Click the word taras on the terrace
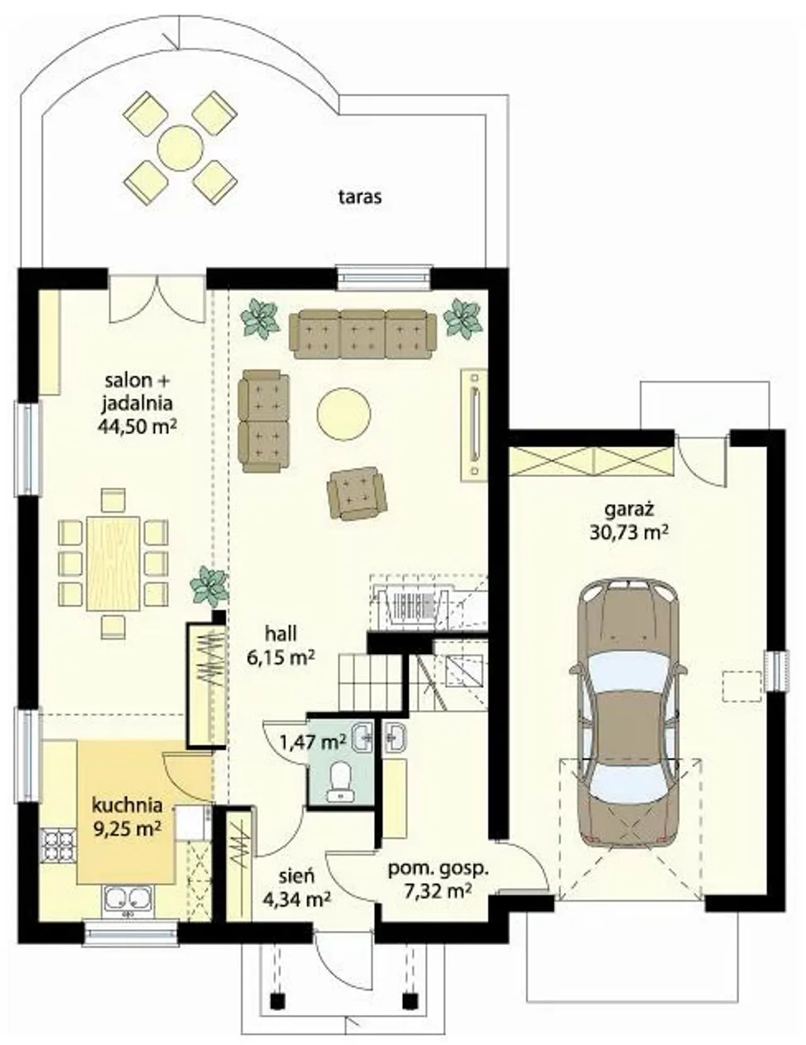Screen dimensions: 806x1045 [x=360, y=197]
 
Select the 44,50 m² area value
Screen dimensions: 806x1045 [x=136, y=426]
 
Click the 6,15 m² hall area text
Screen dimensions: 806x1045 [x=281, y=657]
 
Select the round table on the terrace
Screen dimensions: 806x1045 [x=180, y=147]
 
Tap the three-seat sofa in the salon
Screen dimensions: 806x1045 [x=363, y=334]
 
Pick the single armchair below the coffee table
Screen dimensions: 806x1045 [x=356, y=494]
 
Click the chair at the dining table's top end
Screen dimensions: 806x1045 [x=113, y=500]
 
